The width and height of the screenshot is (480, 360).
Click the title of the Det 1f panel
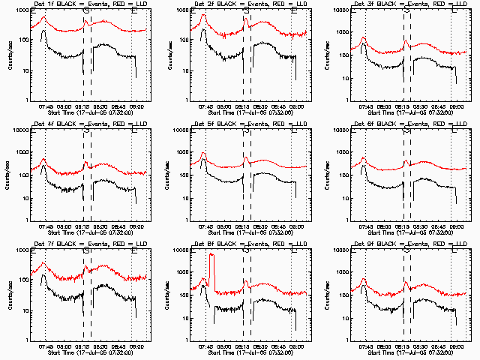click(x=86, y=5)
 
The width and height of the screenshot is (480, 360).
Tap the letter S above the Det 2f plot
click(x=247, y=10)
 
